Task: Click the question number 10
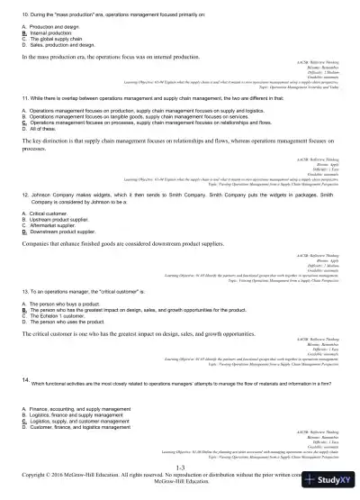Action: (x=25, y=17)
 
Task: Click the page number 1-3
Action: (x=180, y=468)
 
